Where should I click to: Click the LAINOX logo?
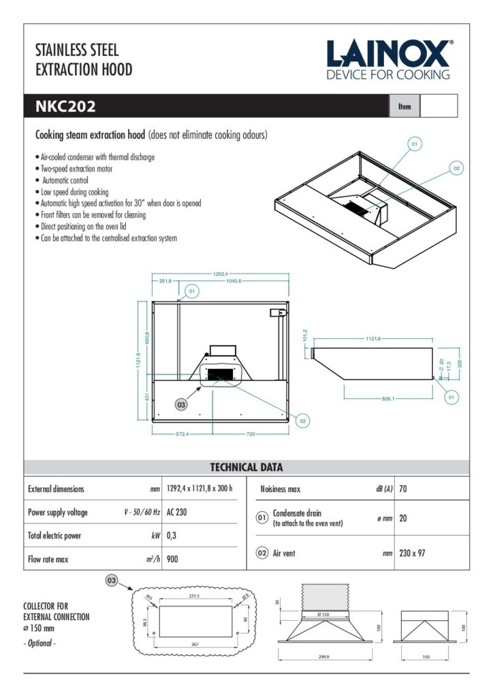click(x=388, y=60)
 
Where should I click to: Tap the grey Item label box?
click(x=404, y=106)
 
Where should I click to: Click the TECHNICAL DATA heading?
click(x=246, y=468)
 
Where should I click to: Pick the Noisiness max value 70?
click(x=403, y=489)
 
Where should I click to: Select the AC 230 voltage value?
click(x=177, y=512)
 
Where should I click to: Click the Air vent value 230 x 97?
click(x=412, y=553)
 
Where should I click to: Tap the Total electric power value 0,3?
click(x=172, y=536)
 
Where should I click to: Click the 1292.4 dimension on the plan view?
click(x=220, y=274)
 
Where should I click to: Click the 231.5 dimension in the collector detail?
click(x=193, y=596)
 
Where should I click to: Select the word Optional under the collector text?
click(x=41, y=643)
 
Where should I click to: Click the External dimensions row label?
click(x=56, y=489)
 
